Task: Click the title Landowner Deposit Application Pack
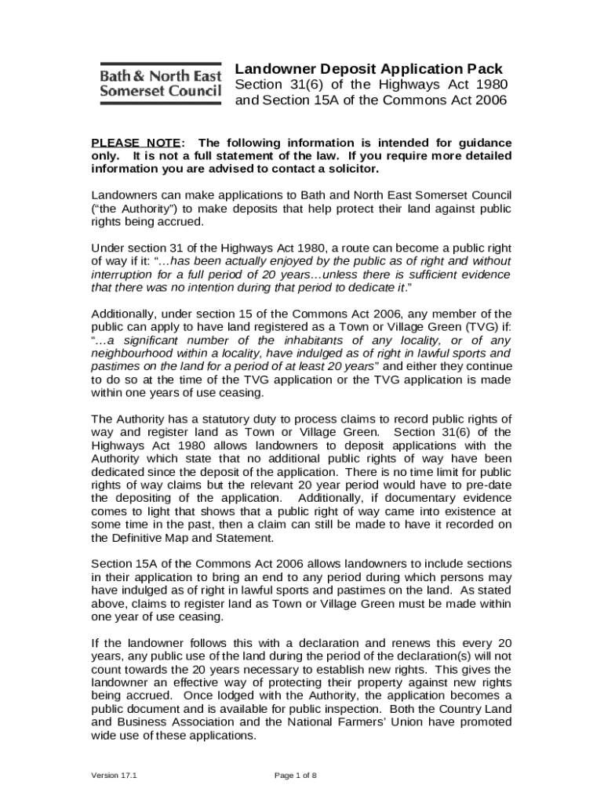[369, 69]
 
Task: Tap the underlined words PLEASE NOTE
[136, 143]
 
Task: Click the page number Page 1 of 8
[295, 776]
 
